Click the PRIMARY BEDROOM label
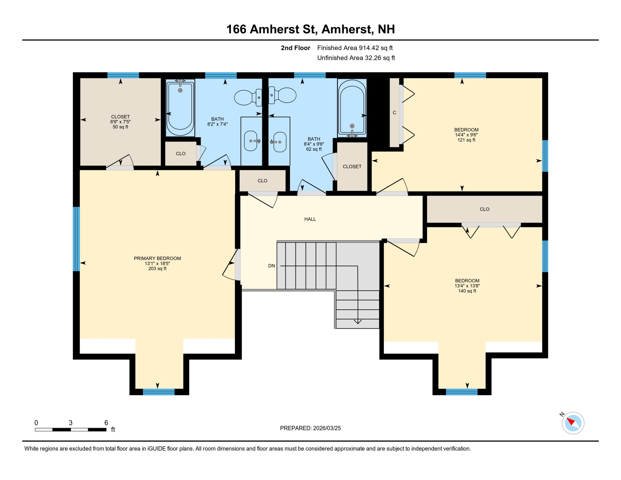pos(157,258)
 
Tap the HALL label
pos(310,219)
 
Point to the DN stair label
pos(271,266)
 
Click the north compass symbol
pos(573,423)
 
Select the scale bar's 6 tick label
pos(106,422)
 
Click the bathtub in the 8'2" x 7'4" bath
pos(180,108)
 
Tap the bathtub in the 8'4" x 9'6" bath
pos(352,108)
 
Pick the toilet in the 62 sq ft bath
pos(282,95)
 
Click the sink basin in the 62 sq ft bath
pos(280,142)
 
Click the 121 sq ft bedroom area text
pos(466,140)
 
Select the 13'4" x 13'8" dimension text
pos(467,286)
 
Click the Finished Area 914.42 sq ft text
pos(355,48)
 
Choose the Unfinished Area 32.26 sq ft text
pos(356,58)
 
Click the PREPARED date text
pos(310,428)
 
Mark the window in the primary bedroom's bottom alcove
pos(159,392)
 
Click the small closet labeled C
pos(395,112)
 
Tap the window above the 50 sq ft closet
pos(123,75)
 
